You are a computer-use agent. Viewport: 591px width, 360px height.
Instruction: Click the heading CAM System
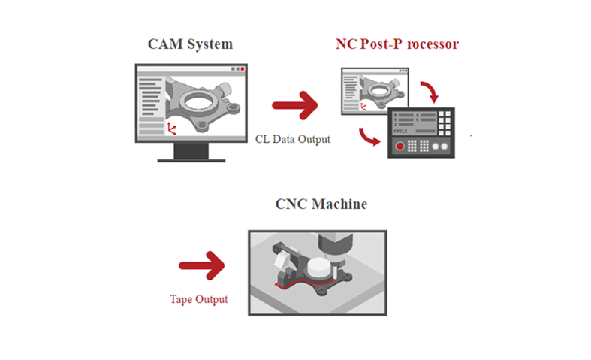(191, 44)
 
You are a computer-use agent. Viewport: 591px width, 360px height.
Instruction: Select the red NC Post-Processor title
(397, 44)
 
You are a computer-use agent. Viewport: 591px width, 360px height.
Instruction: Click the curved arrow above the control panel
(431, 93)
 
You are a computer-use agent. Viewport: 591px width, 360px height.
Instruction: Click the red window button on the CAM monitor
(243, 68)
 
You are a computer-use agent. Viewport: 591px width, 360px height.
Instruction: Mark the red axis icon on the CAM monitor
(172, 129)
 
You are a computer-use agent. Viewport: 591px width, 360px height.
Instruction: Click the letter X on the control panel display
(396, 115)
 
